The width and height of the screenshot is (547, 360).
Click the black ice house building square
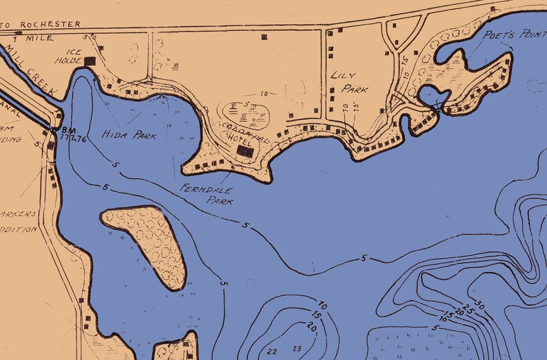[90, 61]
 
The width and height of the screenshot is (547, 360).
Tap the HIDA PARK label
[130, 136]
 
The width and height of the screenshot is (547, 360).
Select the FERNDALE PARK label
[207, 194]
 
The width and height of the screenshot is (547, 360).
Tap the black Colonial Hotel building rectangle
[245, 150]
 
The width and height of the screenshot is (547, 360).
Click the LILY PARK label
[349, 82]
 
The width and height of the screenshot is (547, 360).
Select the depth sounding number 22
[271, 351]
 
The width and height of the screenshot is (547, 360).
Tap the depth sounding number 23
[298, 349]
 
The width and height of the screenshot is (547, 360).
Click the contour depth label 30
[480, 305]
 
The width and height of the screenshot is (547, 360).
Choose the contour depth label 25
[469, 309]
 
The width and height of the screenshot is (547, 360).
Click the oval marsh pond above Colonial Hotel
[246, 115]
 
